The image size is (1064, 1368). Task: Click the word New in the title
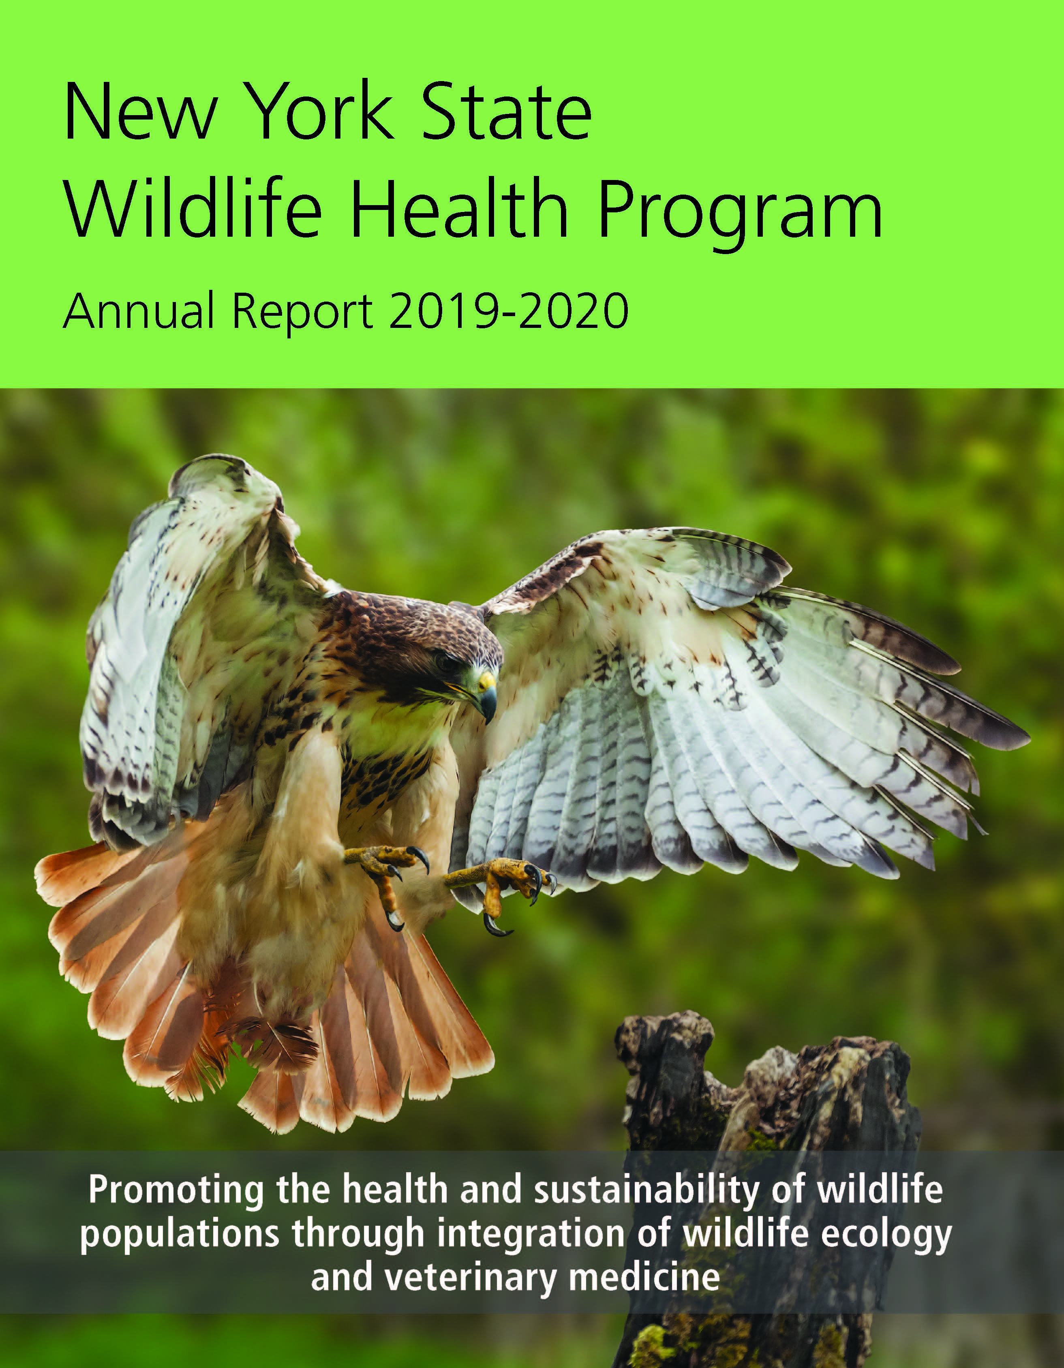click(x=141, y=113)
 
